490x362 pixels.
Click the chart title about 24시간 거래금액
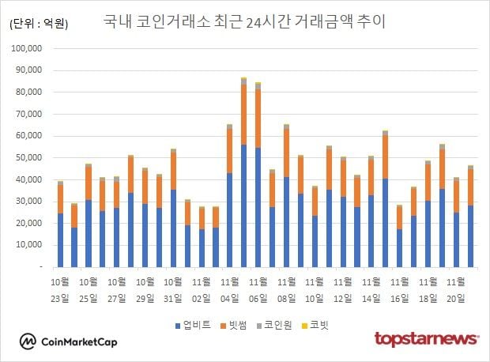245,21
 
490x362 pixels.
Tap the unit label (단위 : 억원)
39,24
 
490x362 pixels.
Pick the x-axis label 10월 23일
60,289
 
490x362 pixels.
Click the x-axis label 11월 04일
230,289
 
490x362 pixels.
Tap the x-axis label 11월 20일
457,289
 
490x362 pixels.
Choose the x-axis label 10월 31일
173,289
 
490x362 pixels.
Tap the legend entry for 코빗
319,324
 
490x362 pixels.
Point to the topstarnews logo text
426,340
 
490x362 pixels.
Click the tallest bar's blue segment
243,206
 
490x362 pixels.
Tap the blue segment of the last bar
470,236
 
